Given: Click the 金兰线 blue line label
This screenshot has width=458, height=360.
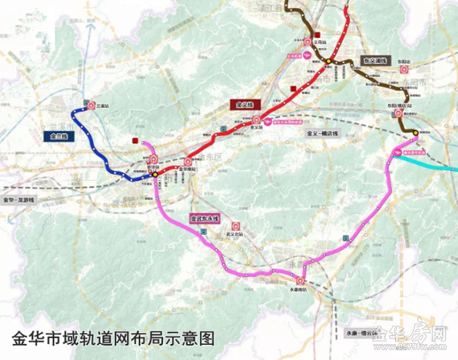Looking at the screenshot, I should (59, 135).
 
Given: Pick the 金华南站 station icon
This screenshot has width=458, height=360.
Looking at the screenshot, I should (189, 161).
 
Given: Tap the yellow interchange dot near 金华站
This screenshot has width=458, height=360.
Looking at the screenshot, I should (154, 174).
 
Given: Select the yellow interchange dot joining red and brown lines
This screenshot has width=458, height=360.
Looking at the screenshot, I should (329, 61).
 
